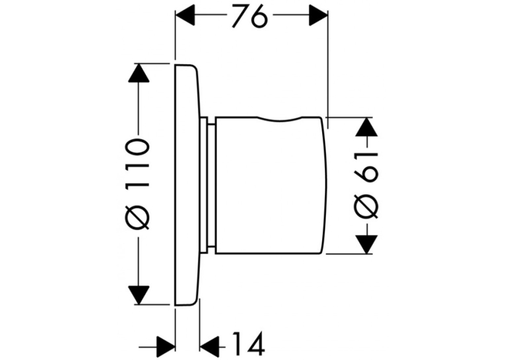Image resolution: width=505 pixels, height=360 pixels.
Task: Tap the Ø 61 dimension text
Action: [366, 185]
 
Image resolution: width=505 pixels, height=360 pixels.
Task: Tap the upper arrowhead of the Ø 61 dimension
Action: [366, 127]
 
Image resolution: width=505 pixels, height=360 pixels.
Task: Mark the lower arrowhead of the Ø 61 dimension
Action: [366, 244]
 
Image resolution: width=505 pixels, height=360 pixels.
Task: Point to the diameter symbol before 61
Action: [366, 207]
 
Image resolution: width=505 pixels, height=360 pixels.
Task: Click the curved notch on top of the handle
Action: [279, 119]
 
